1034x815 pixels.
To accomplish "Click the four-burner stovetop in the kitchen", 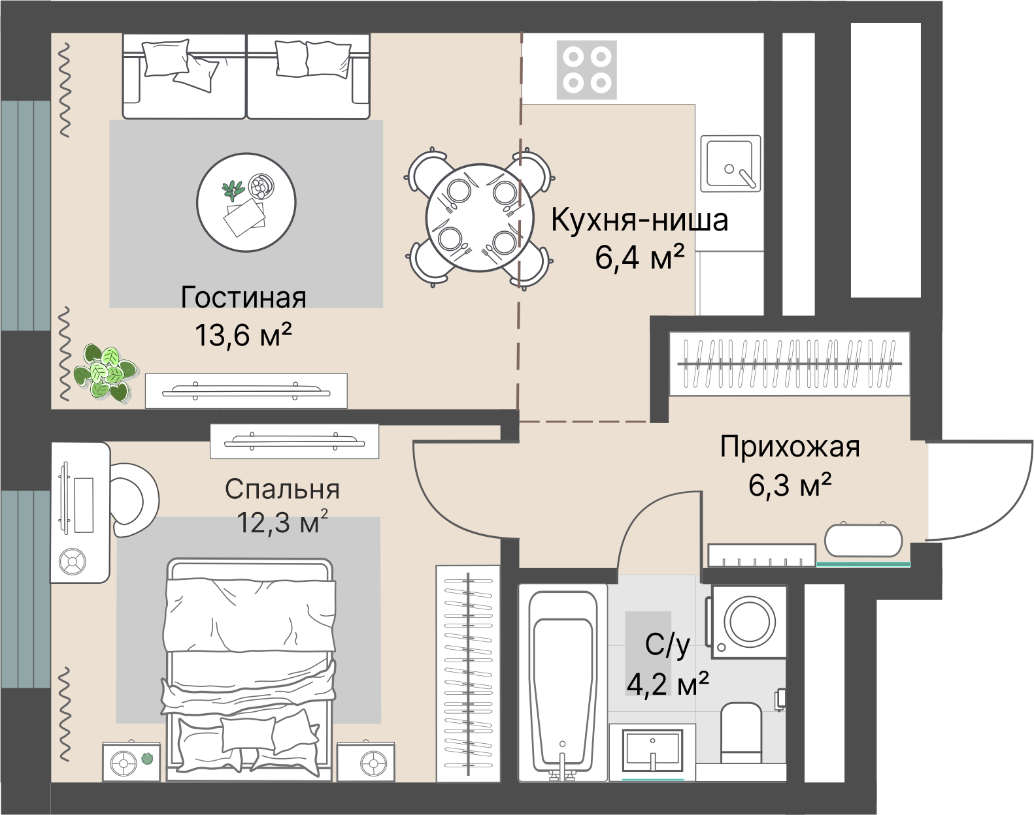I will [x=586, y=70].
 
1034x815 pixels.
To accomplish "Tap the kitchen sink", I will [x=731, y=163].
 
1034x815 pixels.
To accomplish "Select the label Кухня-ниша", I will [x=639, y=221].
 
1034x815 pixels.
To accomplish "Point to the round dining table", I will [x=478, y=218].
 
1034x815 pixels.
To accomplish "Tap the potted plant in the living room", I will [x=105, y=372].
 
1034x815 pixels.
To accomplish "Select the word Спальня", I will [x=282, y=489].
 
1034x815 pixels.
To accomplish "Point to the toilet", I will [x=742, y=733].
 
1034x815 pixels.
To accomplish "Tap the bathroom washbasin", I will [x=653, y=751].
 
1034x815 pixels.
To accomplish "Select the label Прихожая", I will [x=790, y=448].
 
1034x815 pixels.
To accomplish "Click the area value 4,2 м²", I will [x=667, y=685].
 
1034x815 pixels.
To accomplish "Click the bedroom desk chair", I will [x=134, y=500].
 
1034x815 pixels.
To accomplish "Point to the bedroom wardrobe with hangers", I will [x=468, y=673].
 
